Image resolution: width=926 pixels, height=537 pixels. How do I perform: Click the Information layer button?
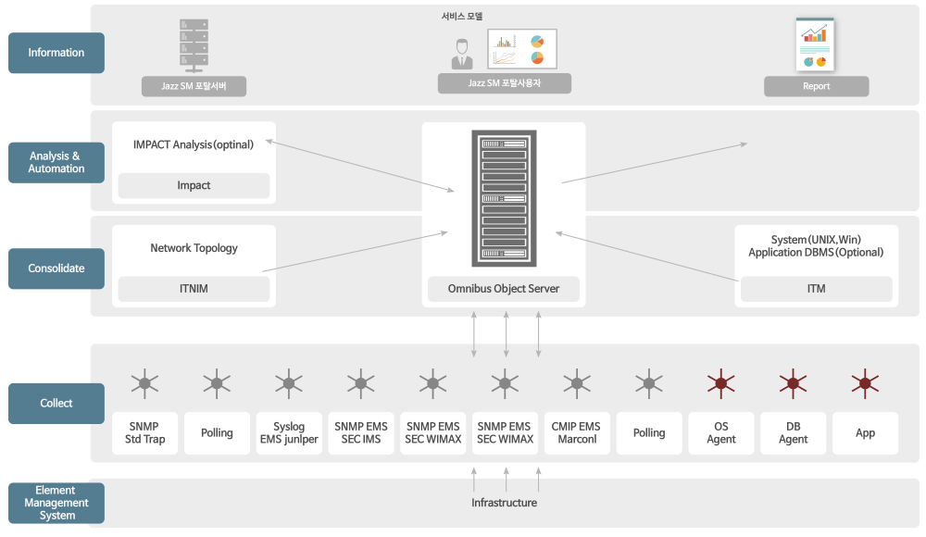56,53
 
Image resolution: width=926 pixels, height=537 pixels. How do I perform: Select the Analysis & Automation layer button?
56,162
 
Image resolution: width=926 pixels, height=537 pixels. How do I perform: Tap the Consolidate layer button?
56,268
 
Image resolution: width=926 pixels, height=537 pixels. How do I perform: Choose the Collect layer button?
56,404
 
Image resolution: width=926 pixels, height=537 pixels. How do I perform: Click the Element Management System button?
56,503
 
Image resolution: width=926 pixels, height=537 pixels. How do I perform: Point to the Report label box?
816,86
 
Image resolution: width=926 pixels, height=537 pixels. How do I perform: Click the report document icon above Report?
815,44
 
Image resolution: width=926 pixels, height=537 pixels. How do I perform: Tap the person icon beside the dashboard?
462,54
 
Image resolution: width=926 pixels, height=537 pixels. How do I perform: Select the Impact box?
194,185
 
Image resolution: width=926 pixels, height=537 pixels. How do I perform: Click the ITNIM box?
194,289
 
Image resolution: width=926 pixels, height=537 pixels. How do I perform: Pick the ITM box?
816,289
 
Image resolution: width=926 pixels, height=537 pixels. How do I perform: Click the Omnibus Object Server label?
504,289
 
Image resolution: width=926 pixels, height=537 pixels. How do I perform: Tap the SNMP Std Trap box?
144,433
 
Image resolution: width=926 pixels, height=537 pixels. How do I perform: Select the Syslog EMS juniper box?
289,433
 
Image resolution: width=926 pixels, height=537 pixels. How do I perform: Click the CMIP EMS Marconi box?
577,433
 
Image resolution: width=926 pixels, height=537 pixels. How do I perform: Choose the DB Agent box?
794,433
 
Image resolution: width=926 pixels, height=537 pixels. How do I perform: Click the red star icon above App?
865,383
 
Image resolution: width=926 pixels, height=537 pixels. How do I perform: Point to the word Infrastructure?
505,503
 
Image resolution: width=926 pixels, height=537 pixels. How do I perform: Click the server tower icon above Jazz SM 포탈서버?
194,45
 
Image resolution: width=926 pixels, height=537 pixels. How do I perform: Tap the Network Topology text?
194,248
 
